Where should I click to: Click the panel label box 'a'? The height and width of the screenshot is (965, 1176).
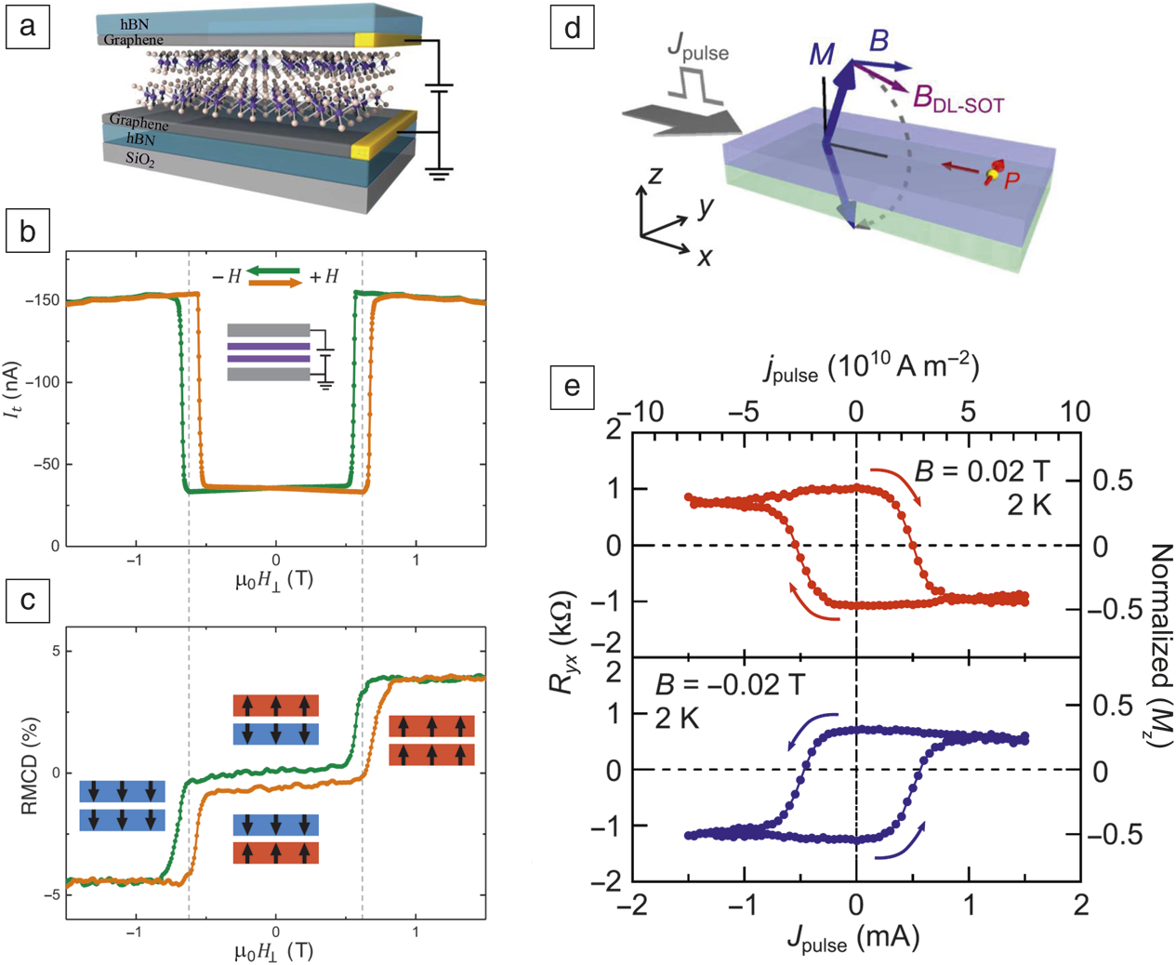click(x=27, y=26)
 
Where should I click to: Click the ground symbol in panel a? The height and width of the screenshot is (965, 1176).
click(x=439, y=172)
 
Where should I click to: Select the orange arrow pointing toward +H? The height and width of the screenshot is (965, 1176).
click(x=276, y=283)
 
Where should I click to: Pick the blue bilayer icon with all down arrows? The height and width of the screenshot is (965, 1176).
click(x=123, y=805)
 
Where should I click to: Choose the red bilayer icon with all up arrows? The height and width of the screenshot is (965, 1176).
click(x=431, y=740)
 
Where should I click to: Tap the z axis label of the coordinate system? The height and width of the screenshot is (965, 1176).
click(x=655, y=174)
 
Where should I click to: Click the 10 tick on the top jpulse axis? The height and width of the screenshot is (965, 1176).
click(x=1076, y=411)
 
